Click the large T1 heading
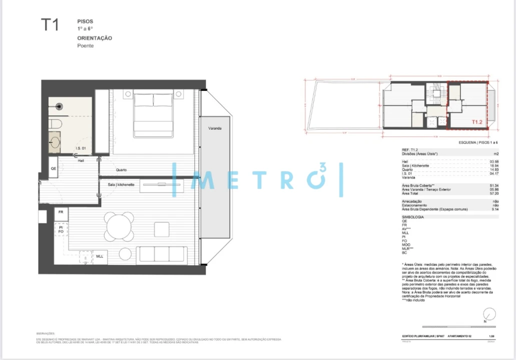coord(49,25)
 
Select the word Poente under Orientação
coord(85,45)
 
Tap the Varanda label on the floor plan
coord(215,128)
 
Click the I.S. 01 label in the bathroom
coord(81,148)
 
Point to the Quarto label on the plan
coord(121,169)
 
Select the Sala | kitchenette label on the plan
coord(121,184)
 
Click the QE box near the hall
coord(54,168)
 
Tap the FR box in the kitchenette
coord(61,212)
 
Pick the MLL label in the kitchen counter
coord(100,256)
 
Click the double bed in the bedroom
coord(153,115)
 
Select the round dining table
coord(120,225)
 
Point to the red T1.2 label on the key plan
coord(476,121)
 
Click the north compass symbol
coord(489,314)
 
